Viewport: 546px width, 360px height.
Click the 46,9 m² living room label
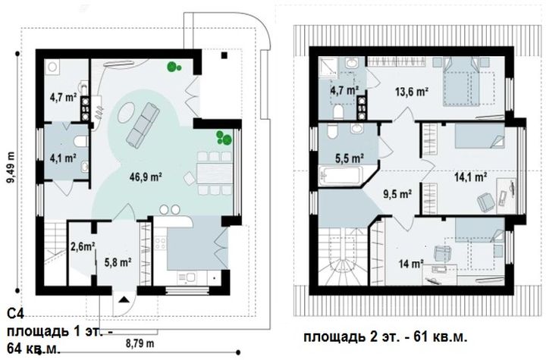tap(146, 177)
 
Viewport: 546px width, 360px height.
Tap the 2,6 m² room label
tap(83, 247)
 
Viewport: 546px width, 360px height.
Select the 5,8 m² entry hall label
tap(118, 262)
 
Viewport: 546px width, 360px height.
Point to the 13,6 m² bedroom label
tap(412, 92)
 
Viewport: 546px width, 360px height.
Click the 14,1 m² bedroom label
tap(470, 177)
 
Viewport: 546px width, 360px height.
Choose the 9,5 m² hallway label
tap(397, 193)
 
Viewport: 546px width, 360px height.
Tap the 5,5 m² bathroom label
tap(350, 158)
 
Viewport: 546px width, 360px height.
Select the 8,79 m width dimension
tap(140, 343)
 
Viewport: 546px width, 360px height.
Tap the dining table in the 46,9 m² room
tap(215, 173)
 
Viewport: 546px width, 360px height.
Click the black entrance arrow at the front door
tap(124, 299)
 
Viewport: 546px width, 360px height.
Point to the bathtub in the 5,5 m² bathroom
tap(341, 176)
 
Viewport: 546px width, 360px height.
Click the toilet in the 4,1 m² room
tap(81, 142)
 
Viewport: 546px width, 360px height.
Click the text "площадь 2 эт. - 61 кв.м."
tap(385, 337)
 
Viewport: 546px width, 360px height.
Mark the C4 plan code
tap(15, 315)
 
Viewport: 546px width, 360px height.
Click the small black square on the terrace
tap(224, 55)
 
